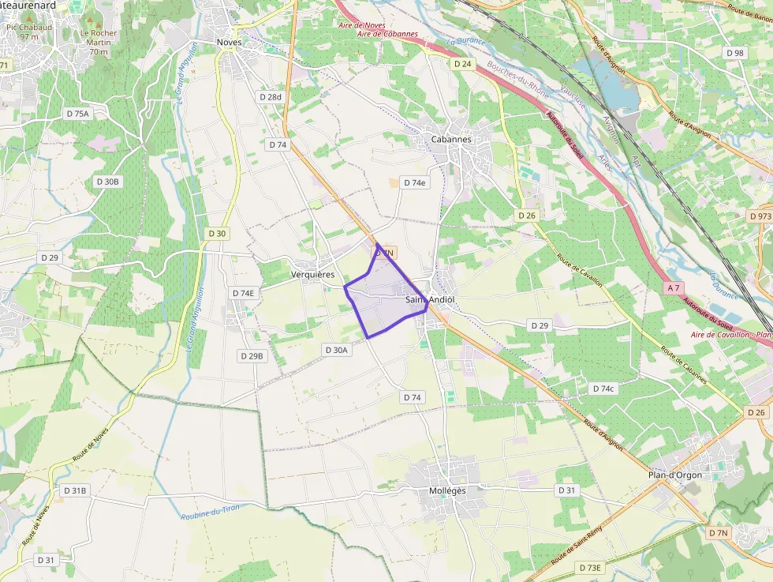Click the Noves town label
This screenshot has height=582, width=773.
coord(229,42)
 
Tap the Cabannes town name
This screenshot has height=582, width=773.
coord(451,139)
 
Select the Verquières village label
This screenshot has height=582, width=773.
coord(313,274)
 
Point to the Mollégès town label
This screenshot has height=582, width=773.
coord(447,490)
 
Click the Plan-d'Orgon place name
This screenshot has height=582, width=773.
coord(674,475)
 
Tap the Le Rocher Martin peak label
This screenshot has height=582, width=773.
coord(99,43)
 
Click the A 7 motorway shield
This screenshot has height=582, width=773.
coord(673,288)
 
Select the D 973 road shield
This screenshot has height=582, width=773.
coord(760,216)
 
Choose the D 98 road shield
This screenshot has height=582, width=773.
coord(734,53)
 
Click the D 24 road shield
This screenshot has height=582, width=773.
coord(462,63)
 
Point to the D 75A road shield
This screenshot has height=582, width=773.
coord(78,114)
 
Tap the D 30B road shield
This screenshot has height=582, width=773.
coord(108,182)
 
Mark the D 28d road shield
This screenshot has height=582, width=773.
coord(270,96)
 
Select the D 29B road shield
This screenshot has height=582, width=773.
coord(252,356)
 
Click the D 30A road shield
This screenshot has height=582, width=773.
coord(336,349)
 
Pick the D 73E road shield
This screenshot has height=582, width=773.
coord(589,568)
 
